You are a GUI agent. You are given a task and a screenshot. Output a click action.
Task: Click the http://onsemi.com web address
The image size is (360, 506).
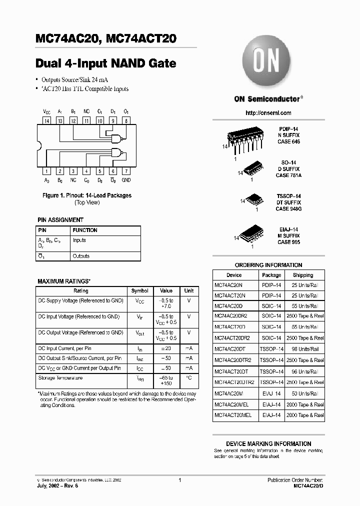pos(268,113)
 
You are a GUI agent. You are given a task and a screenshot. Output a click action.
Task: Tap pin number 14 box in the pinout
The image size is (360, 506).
pos(47,120)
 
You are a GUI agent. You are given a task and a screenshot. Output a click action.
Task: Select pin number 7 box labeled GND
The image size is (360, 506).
pos(126,171)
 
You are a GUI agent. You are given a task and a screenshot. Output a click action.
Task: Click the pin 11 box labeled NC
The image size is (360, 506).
pos(86,120)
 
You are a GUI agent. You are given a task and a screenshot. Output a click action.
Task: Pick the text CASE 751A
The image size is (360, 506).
pos(288,175)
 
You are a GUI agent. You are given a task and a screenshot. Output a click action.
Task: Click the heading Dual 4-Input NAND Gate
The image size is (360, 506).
pos(105,63)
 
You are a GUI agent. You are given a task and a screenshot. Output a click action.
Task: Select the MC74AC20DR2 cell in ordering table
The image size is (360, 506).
pos(234,316)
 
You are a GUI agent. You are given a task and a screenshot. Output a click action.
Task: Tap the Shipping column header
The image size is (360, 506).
pos(303,275)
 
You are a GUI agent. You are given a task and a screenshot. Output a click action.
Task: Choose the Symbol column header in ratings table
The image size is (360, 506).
pos(139,290)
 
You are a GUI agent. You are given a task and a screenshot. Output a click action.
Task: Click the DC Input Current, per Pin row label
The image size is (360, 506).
pos(64,348)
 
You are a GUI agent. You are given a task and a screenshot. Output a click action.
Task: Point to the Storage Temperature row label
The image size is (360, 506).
pos(60,378)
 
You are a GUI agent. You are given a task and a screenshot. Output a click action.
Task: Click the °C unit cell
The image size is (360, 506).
pos(188,378)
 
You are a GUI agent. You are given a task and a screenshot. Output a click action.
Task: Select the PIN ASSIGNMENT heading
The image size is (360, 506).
pos(60,220)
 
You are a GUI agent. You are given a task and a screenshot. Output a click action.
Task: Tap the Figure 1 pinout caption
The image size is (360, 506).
pos(87,195)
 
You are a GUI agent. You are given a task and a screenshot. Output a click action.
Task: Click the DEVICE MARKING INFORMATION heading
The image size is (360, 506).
pos(268,443)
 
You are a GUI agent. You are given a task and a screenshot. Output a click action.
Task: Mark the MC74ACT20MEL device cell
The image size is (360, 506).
pos(233,415)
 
